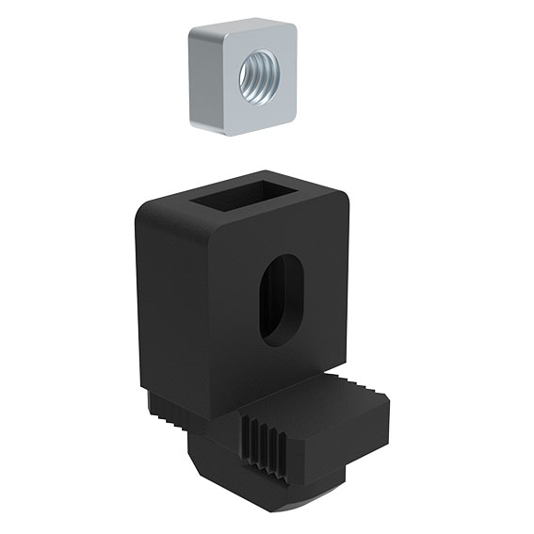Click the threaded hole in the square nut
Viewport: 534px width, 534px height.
click(x=257, y=77)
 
